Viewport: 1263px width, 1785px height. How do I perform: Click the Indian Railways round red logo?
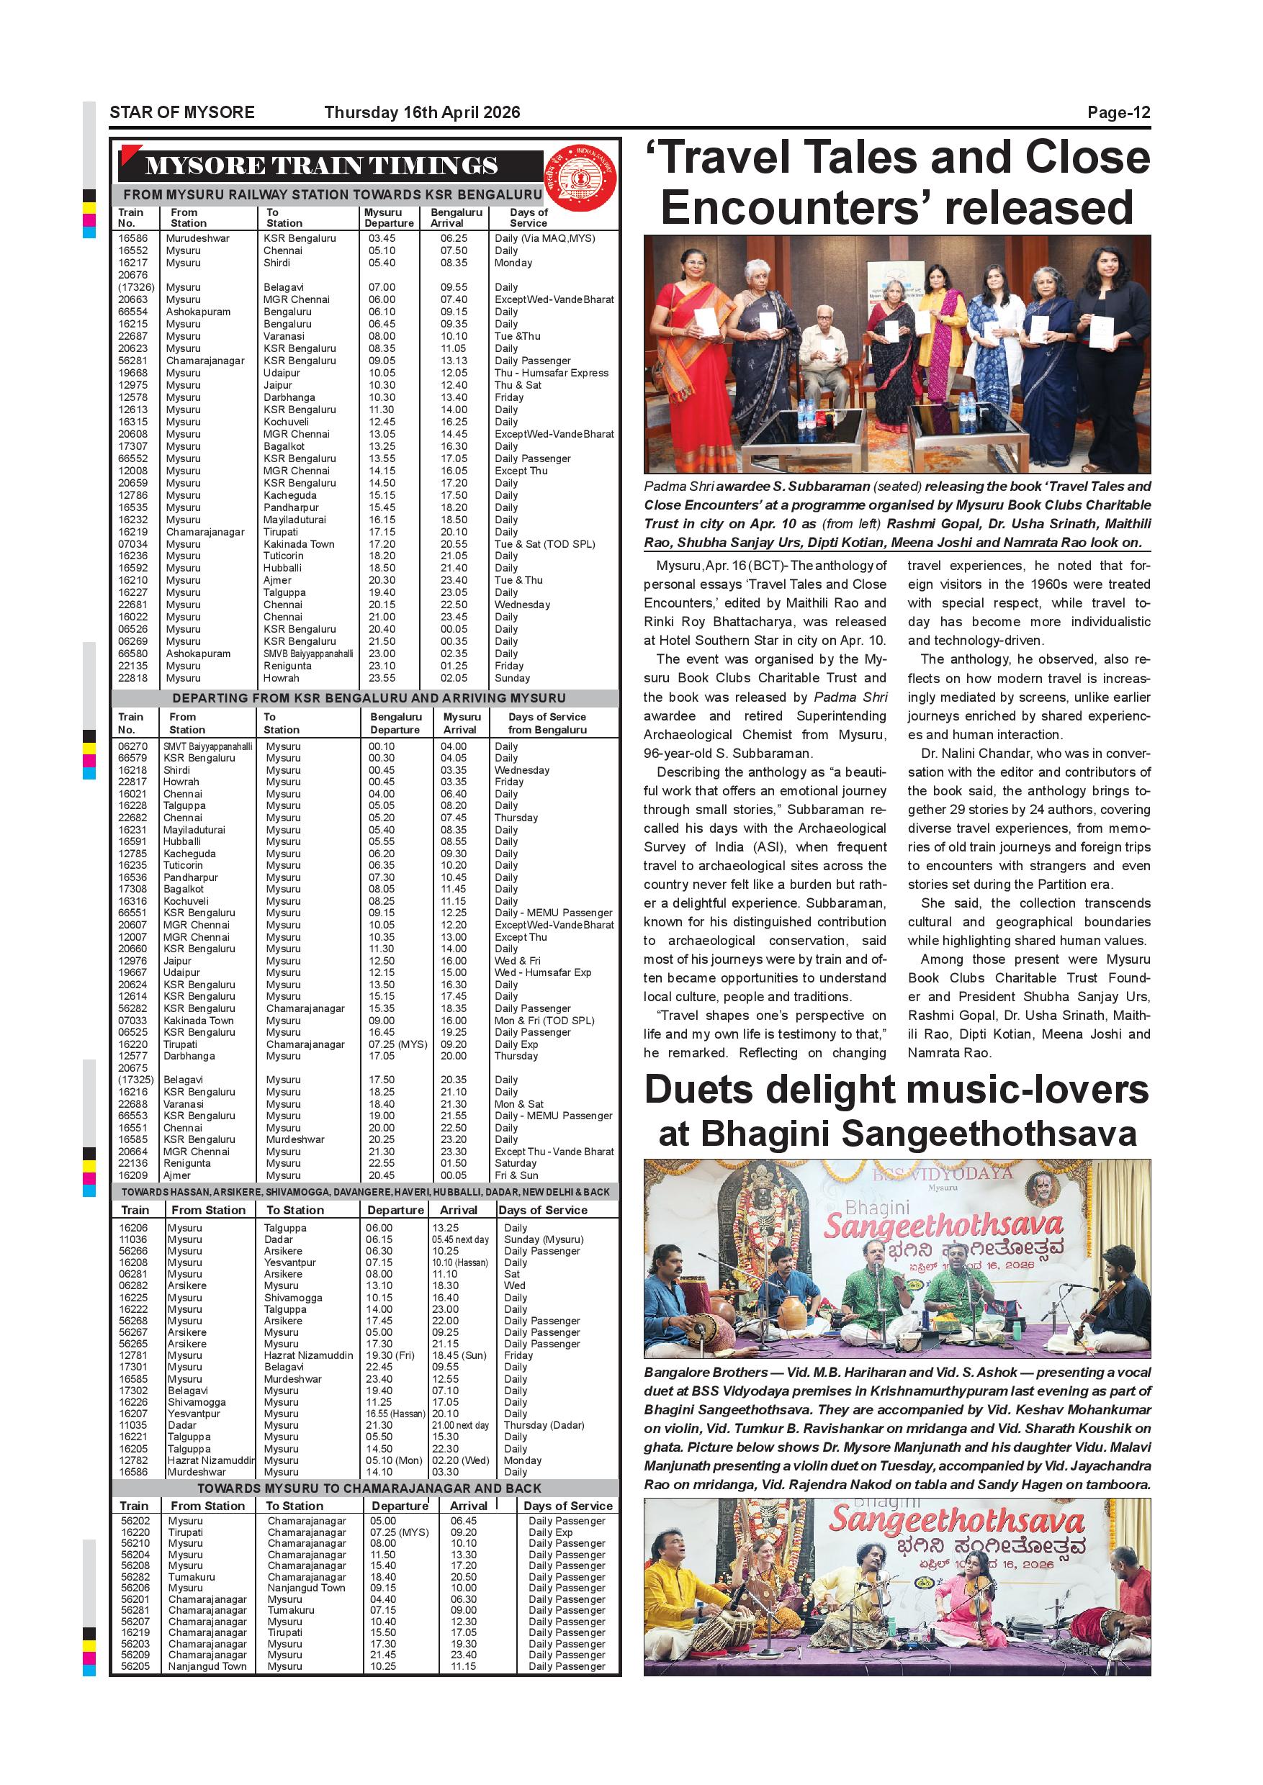580,178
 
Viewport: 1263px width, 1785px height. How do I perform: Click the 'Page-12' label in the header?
1118,113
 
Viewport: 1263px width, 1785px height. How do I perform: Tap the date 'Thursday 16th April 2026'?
421,113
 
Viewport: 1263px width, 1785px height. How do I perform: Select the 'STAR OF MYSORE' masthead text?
182,113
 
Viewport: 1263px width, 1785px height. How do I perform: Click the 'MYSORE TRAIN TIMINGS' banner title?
321,166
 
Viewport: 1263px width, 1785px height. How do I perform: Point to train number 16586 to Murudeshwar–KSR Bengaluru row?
133,239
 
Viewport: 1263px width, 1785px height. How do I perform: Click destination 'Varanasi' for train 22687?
284,337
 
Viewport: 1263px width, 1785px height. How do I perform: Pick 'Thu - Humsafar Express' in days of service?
552,373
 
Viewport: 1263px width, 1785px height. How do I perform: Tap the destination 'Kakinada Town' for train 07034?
299,544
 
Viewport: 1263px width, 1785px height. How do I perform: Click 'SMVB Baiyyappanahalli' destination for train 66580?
308,654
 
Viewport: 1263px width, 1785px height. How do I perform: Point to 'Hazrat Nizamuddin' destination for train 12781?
308,1355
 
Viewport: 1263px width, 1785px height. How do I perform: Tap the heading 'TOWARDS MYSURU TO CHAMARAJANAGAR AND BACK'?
369,1488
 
